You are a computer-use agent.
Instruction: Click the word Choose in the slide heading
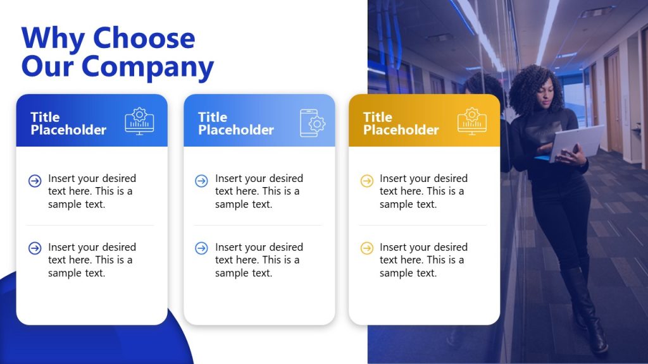(144, 39)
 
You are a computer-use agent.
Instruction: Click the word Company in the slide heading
(147, 66)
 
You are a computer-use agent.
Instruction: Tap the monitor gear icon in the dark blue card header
(139, 121)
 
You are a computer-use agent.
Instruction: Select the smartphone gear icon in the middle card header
(312, 123)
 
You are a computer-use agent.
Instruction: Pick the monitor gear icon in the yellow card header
(472, 121)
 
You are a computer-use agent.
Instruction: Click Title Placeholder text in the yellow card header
(401, 123)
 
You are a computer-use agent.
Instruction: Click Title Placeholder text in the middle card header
(235, 123)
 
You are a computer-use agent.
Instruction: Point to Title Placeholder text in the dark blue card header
(68, 123)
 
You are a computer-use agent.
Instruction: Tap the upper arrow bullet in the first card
(35, 181)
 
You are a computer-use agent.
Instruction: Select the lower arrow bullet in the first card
(35, 248)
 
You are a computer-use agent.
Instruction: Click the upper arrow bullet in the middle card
(201, 181)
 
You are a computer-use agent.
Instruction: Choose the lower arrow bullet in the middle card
(201, 248)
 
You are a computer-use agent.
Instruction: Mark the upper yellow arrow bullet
(366, 181)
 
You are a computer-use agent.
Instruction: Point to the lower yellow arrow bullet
(366, 248)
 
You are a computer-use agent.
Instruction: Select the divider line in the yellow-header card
(423, 225)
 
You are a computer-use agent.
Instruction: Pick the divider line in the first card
(90, 225)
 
